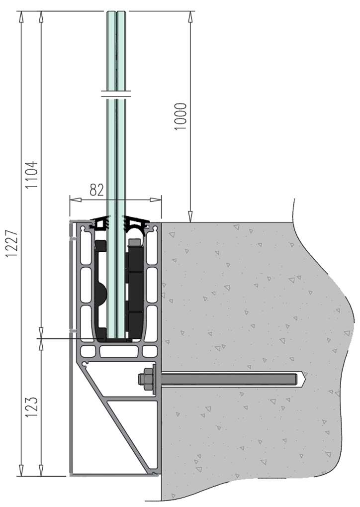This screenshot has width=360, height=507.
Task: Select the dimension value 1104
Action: [32, 175]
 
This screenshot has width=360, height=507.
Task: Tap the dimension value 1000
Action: [180, 116]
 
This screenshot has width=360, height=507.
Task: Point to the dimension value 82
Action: [96, 190]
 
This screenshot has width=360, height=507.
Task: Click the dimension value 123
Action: [32, 406]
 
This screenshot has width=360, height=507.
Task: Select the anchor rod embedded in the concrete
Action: [228, 379]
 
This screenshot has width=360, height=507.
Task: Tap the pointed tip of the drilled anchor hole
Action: [307, 379]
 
